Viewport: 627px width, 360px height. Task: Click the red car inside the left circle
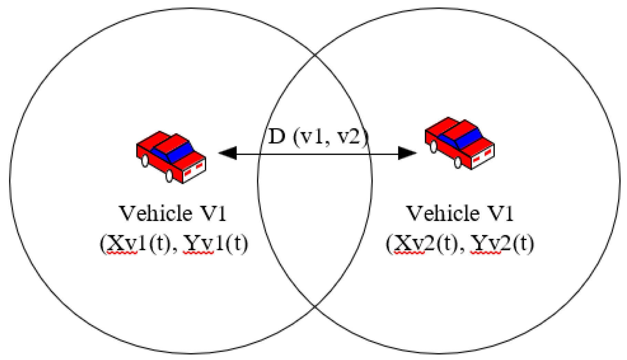pyautogui.click(x=171, y=157)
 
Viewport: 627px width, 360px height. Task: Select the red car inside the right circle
pyautogui.click(x=460, y=143)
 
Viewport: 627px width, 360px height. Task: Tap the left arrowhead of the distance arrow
pyautogui.click(x=228, y=153)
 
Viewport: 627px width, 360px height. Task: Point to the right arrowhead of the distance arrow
pyautogui.click(x=407, y=153)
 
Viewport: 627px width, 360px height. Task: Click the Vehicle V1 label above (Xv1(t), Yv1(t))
pyautogui.click(x=173, y=213)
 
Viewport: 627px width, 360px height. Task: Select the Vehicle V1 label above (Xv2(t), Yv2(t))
pyautogui.click(x=460, y=213)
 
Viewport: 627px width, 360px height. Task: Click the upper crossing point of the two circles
pyautogui.click(x=315, y=55)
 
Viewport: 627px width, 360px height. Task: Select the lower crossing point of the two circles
pyautogui.click(x=315, y=306)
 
